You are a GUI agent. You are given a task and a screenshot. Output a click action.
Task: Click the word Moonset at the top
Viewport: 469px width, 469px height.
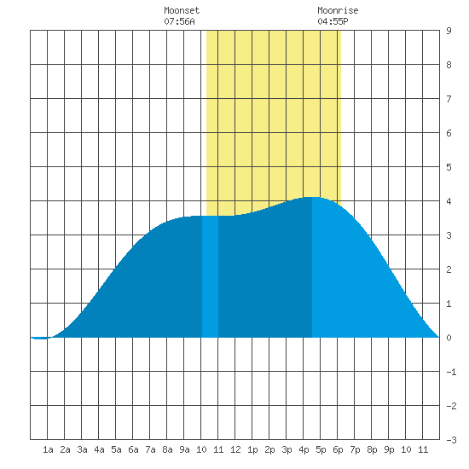182,10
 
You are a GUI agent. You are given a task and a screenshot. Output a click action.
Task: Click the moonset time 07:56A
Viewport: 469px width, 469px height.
179,21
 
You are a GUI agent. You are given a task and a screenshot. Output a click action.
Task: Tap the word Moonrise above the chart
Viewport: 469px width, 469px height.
338,10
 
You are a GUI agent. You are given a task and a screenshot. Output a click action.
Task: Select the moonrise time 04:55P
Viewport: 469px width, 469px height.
333,21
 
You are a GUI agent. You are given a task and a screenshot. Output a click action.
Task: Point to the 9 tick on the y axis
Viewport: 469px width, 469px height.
449,31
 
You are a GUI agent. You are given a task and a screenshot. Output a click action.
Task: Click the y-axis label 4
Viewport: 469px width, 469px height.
449,201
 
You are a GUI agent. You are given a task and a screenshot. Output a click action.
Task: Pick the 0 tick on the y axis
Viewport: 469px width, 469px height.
449,338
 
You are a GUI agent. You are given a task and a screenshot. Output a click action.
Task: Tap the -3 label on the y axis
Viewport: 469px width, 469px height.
451,440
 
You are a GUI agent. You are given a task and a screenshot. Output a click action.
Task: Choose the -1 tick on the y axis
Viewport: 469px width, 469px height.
451,372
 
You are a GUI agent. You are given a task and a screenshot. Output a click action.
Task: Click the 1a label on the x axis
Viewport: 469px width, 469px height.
48,449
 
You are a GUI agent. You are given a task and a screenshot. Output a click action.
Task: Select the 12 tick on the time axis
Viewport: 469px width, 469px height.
235,449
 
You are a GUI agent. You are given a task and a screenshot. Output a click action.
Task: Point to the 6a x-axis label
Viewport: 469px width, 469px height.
133,449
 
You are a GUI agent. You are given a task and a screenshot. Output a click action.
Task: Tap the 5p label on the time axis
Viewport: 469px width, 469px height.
321,449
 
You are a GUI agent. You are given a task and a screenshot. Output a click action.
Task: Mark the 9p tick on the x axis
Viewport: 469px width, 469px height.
389,449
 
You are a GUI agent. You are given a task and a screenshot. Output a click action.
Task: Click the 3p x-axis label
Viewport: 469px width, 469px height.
287,449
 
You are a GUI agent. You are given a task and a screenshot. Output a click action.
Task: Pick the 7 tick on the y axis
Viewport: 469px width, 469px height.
449,99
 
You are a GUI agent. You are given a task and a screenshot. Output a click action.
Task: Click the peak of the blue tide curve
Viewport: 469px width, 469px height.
312,197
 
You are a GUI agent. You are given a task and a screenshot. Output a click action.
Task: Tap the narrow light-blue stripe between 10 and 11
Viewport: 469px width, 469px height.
210,276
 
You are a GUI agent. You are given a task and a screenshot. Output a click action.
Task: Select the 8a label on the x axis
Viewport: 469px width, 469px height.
167,449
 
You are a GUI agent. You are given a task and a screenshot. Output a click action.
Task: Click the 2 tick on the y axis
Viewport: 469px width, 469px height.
449,269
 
